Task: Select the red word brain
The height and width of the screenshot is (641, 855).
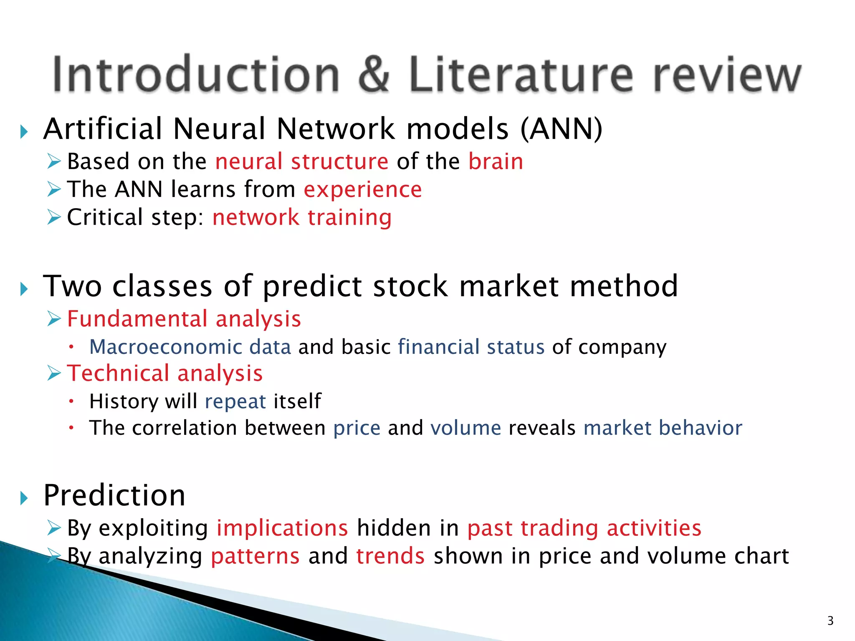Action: pos(496,162)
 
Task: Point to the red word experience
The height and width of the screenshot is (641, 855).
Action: pos(363,190)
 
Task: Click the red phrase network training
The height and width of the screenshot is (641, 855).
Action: pos(302,217)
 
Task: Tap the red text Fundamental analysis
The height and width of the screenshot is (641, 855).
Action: pos(184,319)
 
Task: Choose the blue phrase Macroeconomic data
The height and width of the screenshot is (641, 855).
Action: pos(190,347)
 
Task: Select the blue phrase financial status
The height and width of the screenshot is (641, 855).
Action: pos(471,347)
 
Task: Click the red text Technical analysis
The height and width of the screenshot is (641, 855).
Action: pos(165,373)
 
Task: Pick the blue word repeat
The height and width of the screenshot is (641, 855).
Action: pos(235,401)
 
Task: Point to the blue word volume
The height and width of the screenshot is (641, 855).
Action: pos(465,428)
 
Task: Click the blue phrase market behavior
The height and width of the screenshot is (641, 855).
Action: pos(663,428)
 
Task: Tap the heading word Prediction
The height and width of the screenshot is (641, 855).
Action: pos(114,496)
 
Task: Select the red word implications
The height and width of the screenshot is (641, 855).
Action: pos(282,528)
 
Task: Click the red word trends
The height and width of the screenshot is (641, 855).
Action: pos(390,556)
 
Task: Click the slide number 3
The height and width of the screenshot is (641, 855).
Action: pos(830,621)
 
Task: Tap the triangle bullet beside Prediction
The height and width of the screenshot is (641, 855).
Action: pos(24,498)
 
